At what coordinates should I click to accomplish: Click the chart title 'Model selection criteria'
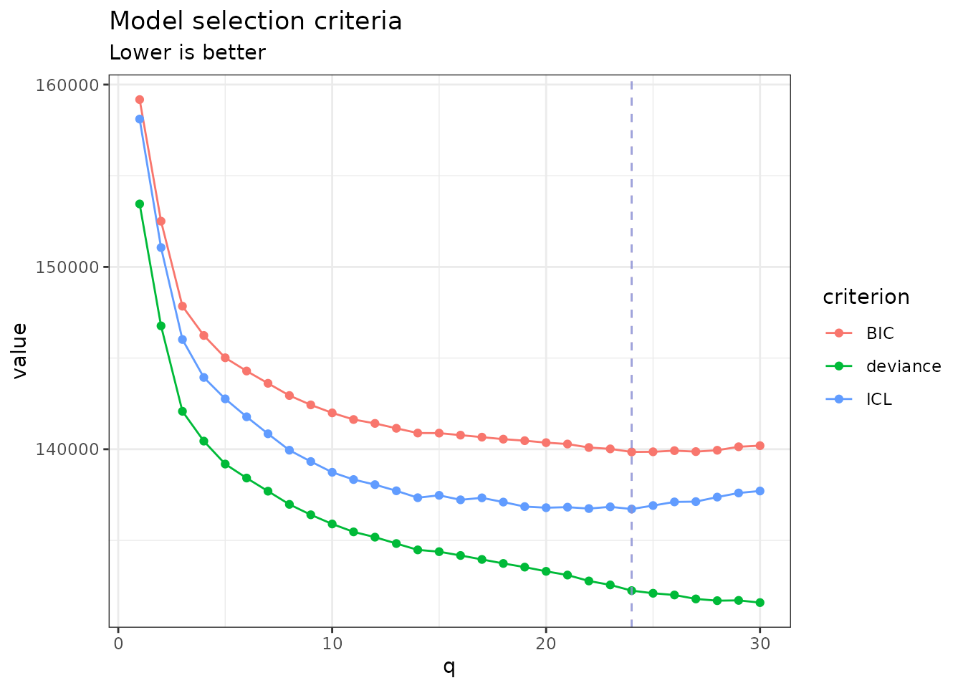tap(256, 21)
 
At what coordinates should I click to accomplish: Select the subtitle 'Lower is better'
tap(188, 53)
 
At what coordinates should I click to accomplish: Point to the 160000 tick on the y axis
tap(67, 85)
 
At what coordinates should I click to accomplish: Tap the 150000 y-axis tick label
tap(67, 267)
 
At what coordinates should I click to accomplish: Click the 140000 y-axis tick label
tap(67, 449)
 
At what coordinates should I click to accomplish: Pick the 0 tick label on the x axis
tap(118, 644)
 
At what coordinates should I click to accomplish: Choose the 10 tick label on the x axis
tap(332, 644)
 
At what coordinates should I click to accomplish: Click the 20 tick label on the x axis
tap(546, 644)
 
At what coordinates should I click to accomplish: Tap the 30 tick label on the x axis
tap(760, 644)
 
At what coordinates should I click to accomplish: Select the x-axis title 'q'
tap(449, 668)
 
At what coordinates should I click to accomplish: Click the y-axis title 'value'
tap(20, 351)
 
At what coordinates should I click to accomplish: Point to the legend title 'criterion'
tap(866, 297)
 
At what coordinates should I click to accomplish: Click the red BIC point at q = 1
tap(140, 100)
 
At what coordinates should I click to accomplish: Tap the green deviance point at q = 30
tap(760, 603)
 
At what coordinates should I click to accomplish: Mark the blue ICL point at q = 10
tap(332, 472)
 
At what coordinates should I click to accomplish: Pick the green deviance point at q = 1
tap(140, 204)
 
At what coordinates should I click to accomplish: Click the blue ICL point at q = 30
tap(760, 491)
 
